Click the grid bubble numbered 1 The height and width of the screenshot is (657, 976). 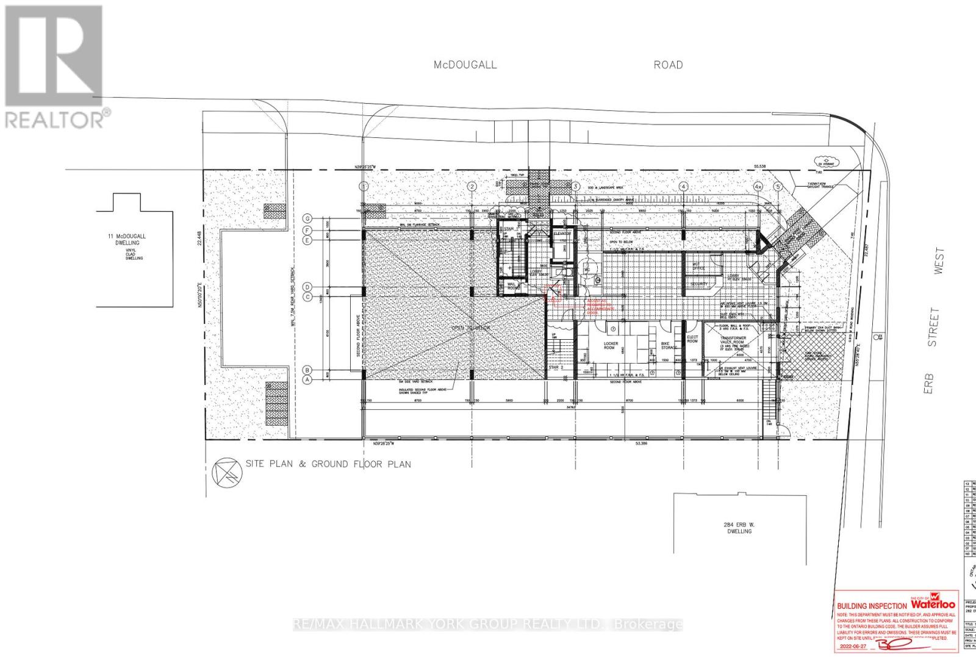(364, 186)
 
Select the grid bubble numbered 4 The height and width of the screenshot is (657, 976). (684, 186)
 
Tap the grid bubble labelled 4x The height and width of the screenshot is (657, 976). (758, 186)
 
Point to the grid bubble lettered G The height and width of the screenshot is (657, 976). (309, 218)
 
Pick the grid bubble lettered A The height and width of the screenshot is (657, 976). (309, 379)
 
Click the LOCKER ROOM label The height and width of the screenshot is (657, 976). (611, 346)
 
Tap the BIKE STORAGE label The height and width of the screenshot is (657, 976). (669, 345)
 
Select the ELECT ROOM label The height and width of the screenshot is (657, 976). (692, 339)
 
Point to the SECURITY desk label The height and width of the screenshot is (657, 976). (699, 284)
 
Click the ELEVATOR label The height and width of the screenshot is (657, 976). (562, 234)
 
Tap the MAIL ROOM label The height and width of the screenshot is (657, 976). (514, 285)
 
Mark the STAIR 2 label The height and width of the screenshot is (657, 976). (553, 368)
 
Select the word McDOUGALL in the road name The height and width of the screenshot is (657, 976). (465, 65)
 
